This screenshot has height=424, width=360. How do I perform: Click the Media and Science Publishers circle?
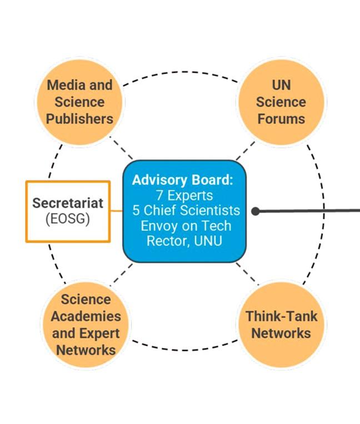pyautogui.click(x=79, y=102)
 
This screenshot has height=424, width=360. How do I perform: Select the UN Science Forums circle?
pyautogui.click(x=281, y=102)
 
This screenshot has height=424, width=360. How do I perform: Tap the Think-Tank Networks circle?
pyautogui.click(x=281, y=325)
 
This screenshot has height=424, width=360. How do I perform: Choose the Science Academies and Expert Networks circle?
pyautogui.click(x=86, y=325)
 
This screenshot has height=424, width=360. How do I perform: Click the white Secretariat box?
pyautogui.click(x=68, y=211)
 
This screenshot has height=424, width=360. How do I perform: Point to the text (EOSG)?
pyautogui.click(x=68, y=219)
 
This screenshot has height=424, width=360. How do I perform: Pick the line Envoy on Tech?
pyautogui.click(x=186, y=226)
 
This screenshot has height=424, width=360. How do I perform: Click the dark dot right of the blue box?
pyautogui.click(x=255, y=211)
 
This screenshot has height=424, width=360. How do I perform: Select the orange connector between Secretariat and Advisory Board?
pyautogui.click(x=116, y=211)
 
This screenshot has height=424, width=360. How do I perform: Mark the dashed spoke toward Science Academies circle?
pyautogui.click(x=123, y=273)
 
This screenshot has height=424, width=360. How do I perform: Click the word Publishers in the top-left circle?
pyautogui.click(x=79, y=119)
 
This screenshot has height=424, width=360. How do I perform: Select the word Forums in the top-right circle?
pyautogui.click(x=281, y=119)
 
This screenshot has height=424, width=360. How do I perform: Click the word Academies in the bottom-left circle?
pyautogui.click(x=86, y=316)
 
